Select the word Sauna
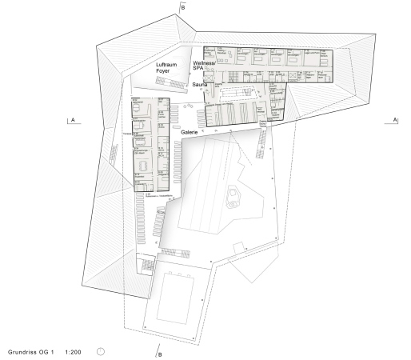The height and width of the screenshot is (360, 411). click(x=200, y=83)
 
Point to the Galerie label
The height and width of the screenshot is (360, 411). click(x=190, y=132)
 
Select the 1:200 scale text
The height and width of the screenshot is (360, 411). click(x=75, y=350)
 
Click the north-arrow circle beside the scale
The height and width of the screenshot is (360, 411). click(x=102, y=350)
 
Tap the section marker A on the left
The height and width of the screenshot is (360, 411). click(x=73, y=120)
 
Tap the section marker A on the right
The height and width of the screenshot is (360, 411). click(x=394, y=120)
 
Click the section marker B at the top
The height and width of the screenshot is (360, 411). click(x=184, y=6)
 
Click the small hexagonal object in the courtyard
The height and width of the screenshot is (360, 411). click(x=234, y=194)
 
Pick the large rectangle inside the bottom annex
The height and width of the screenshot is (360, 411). click(x=175, y=297)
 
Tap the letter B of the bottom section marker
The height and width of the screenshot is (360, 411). click(x=160, y=354)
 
